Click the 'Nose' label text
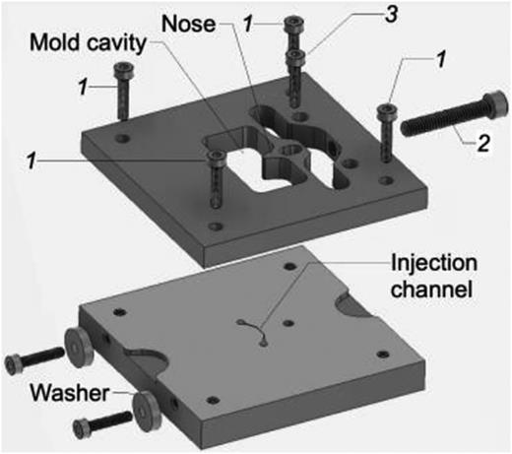pyautogui.click(x=189, y=24)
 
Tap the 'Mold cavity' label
pyautogui.click(x=88, y=43)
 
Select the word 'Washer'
pyautogui.click(x=70, y=393)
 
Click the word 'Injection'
pyautogui.click(x=434, y=264)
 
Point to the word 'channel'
pyautogui.click(x=431, y=289)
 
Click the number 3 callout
pyautogui.click(x=391, y=14)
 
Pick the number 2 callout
pyautogui.click(x=483, y=143)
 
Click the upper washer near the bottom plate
pyautogui.click(x=79, y=348)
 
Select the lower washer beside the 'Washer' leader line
pyautogui.click(x=147, y=411)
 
